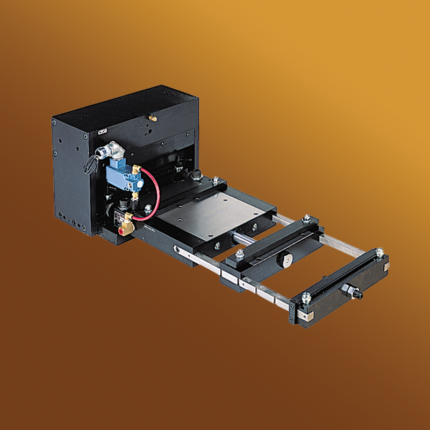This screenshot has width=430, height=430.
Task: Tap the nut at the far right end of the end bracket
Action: click(x=379, y=252)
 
